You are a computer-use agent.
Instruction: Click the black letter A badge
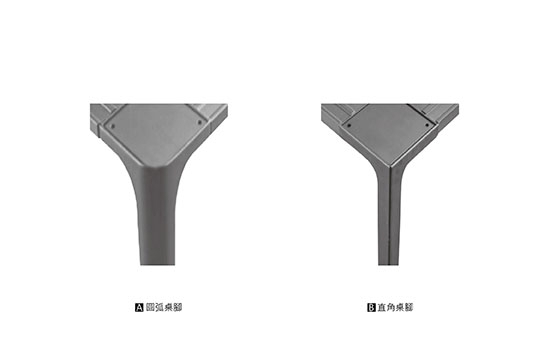tap(139, 308)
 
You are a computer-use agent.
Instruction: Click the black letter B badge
tap(371, 308)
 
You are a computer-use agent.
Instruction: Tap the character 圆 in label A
tap(150, 307)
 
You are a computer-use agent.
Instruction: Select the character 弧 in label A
tap(159, 307)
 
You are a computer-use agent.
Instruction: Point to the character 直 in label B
tap(382, 307)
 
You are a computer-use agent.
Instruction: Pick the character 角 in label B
tap(391, 307)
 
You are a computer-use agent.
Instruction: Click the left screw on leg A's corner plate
tap(113, 126)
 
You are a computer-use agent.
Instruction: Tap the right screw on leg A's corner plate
tap(200, 122)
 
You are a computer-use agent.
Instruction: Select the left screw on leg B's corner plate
tap(349, 125)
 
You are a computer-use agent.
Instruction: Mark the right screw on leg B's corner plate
tap(427, 125)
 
